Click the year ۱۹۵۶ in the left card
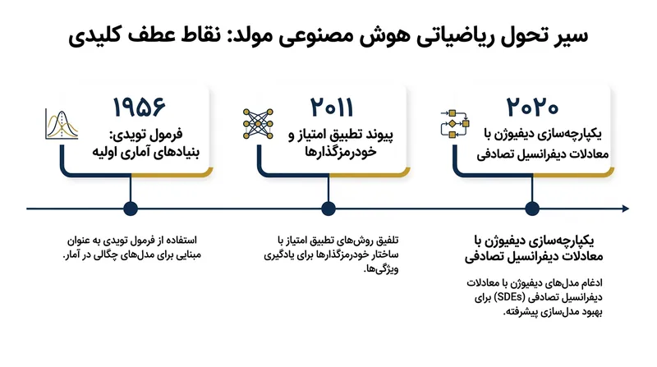[x=139, y=108]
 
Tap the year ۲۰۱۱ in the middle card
[x=332, y=108]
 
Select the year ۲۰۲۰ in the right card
[x=532, y=108]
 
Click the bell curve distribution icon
[x=62, y=125]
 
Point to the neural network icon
[x=258, y=124]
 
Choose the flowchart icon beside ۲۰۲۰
[x=455, y=124]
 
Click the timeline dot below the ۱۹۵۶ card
[x=131, y=209]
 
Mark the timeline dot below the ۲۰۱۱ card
[x=328, y=209]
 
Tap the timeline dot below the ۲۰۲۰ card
[x=532, y=209]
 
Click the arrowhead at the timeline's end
[x=626, y=209]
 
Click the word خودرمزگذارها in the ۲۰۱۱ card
[x=340, y=151]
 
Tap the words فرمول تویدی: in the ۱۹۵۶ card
[x=146, y=135]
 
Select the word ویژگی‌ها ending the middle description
[x=381, y=269]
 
